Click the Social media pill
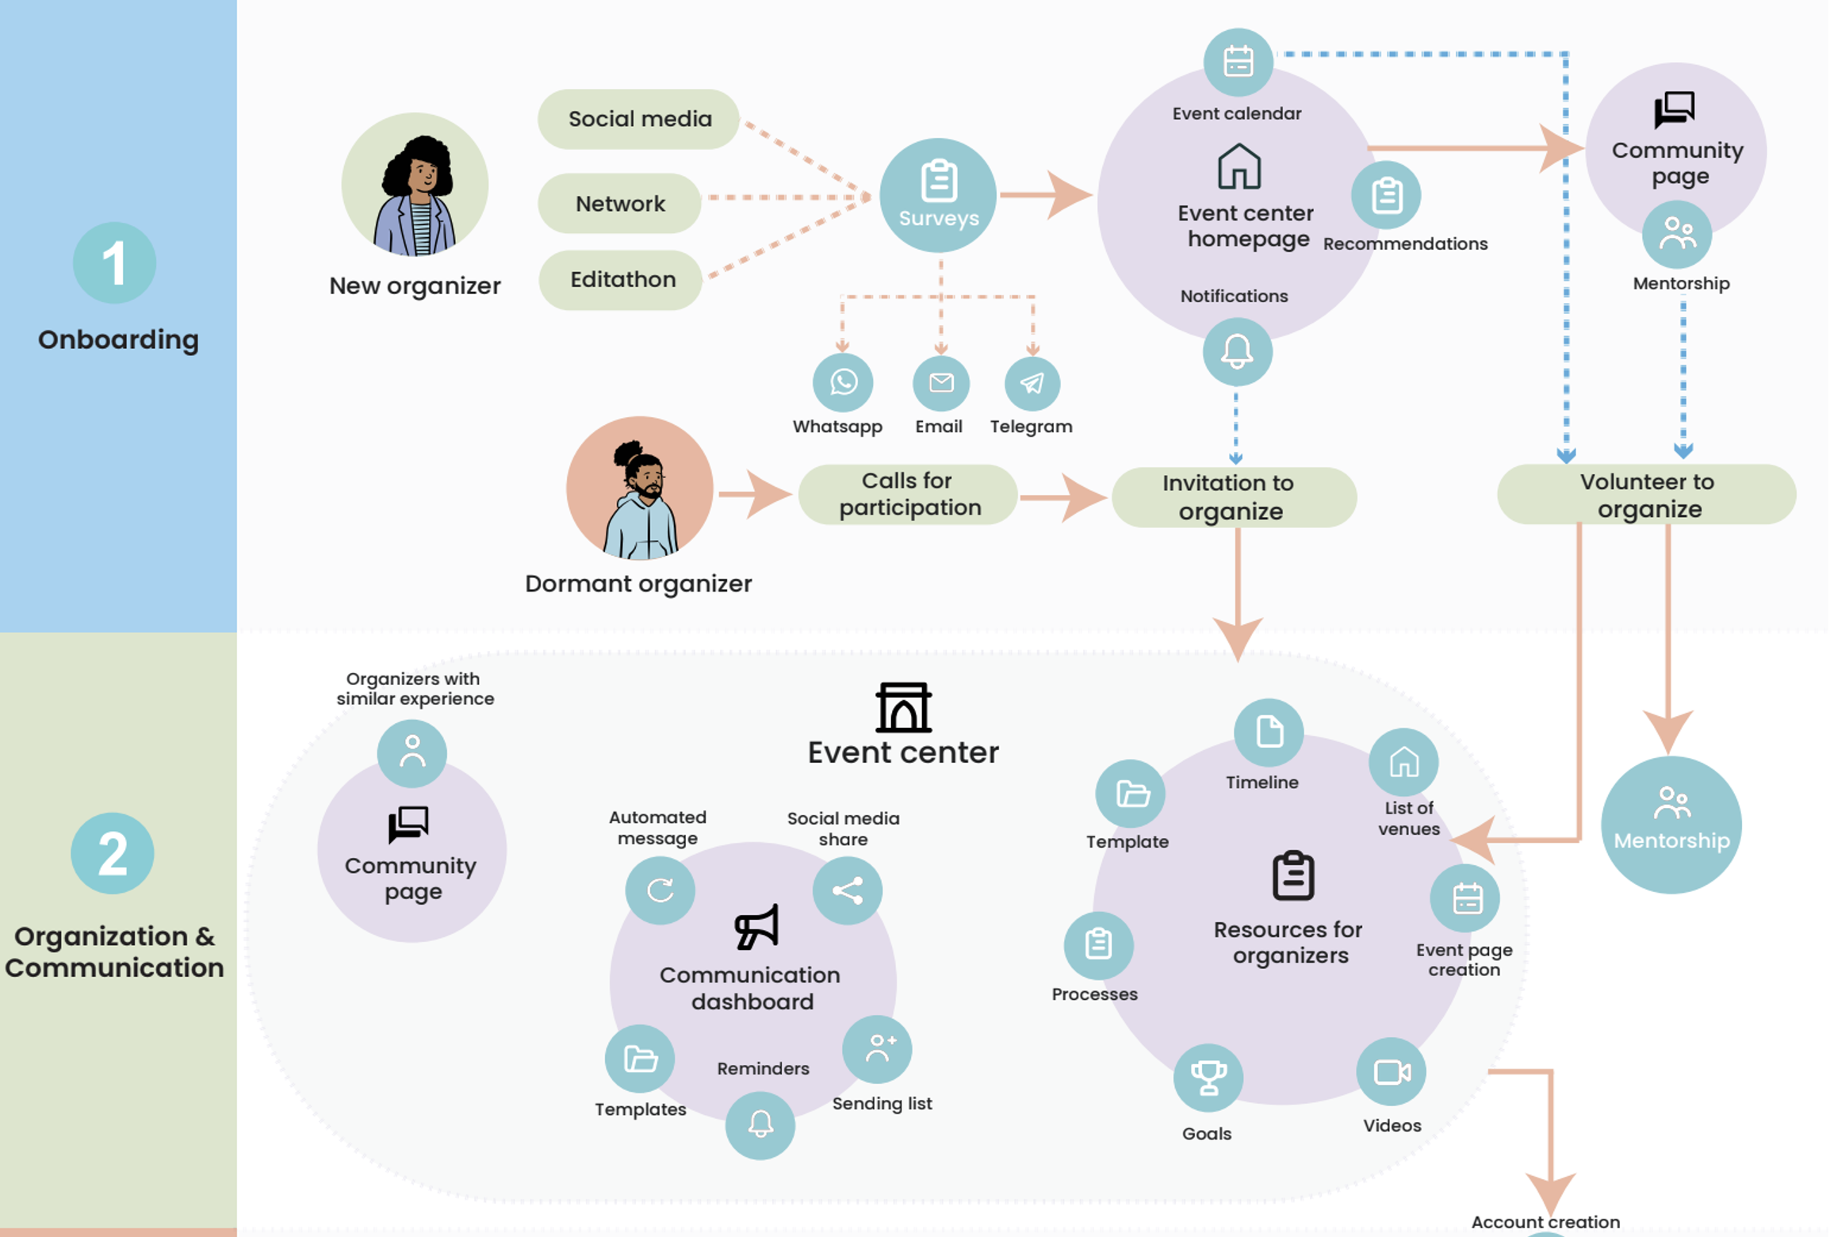click(x=639, y=119)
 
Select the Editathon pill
click(x=622, y=280)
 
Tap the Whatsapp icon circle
click(x=843, y=383)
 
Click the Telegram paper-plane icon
click(x=1032, y=384)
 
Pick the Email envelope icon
click(x=941, y=383)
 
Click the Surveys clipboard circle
click(x=938, y=195)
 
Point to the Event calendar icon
click(x=1238, y=62)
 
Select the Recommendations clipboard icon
click(x=1386, y=195)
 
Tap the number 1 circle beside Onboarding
click(x=114, y=262)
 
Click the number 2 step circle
click(x=113, y=853)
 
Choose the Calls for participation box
click(x=908, y=495)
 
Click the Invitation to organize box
click(x=1234, y=497)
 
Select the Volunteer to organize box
click(x=1646, y=495)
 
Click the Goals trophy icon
click(x=1208, y=1078)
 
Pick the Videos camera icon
click(x=1392, y=1072)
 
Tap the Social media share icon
click(x=847, y=890)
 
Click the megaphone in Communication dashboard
click(x=756, y=927)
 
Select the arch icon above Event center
click(x=903, y=707)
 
